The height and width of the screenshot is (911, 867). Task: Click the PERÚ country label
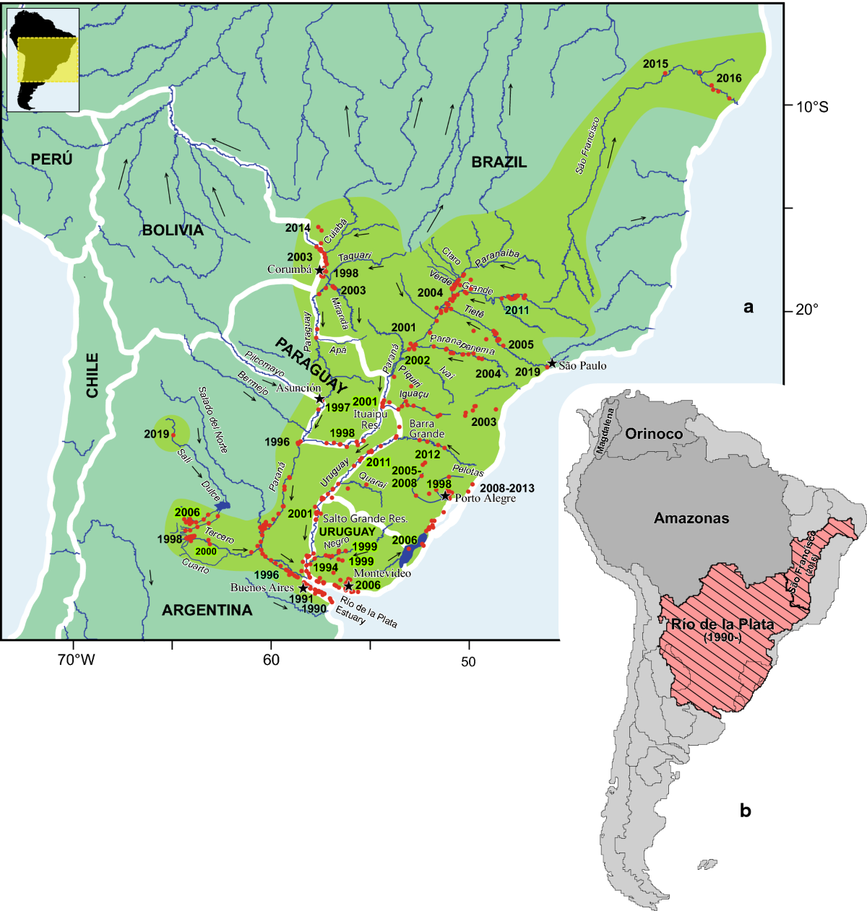(x=51, y=159)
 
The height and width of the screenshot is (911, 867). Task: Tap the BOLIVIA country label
(x=173, y=230)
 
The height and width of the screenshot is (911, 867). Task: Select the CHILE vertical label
(x=92, y=375)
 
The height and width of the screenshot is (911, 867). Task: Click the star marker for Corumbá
(x=320, y=270)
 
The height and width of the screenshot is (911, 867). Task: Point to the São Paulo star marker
(x=552, y=364)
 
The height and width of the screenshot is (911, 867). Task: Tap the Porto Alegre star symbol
(x=446, y=496)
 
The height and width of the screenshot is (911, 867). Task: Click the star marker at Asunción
(x=319, y=398)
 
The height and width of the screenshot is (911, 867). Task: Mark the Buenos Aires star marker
(x=303, y=588)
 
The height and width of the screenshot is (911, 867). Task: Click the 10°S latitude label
(x=812, y=108)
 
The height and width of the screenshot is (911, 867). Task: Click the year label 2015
(x=655, y=64)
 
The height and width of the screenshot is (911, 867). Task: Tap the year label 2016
(x=729, y=78)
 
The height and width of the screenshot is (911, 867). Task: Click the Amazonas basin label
(x=691, y=518)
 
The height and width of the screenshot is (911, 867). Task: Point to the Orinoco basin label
(x=654, y=434)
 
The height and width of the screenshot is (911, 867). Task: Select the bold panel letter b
(x=746, y=811)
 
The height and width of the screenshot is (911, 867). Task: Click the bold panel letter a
(x=749, y=308)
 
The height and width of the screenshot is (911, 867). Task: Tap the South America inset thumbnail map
(x=43, y=59)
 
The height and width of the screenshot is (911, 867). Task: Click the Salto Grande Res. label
(x=365, y=518)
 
